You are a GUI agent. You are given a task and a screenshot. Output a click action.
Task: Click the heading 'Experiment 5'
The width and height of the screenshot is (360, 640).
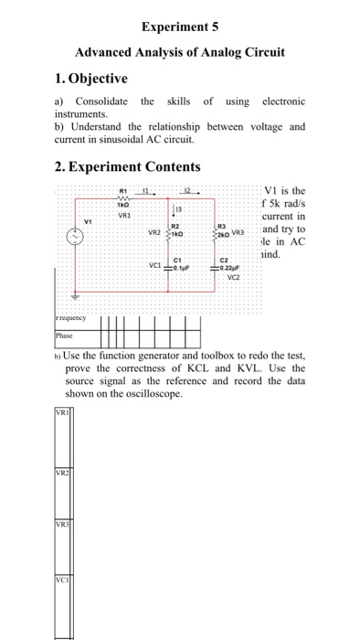181,27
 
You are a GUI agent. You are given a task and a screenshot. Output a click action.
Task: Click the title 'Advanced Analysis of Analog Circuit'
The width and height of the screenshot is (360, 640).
181,53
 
